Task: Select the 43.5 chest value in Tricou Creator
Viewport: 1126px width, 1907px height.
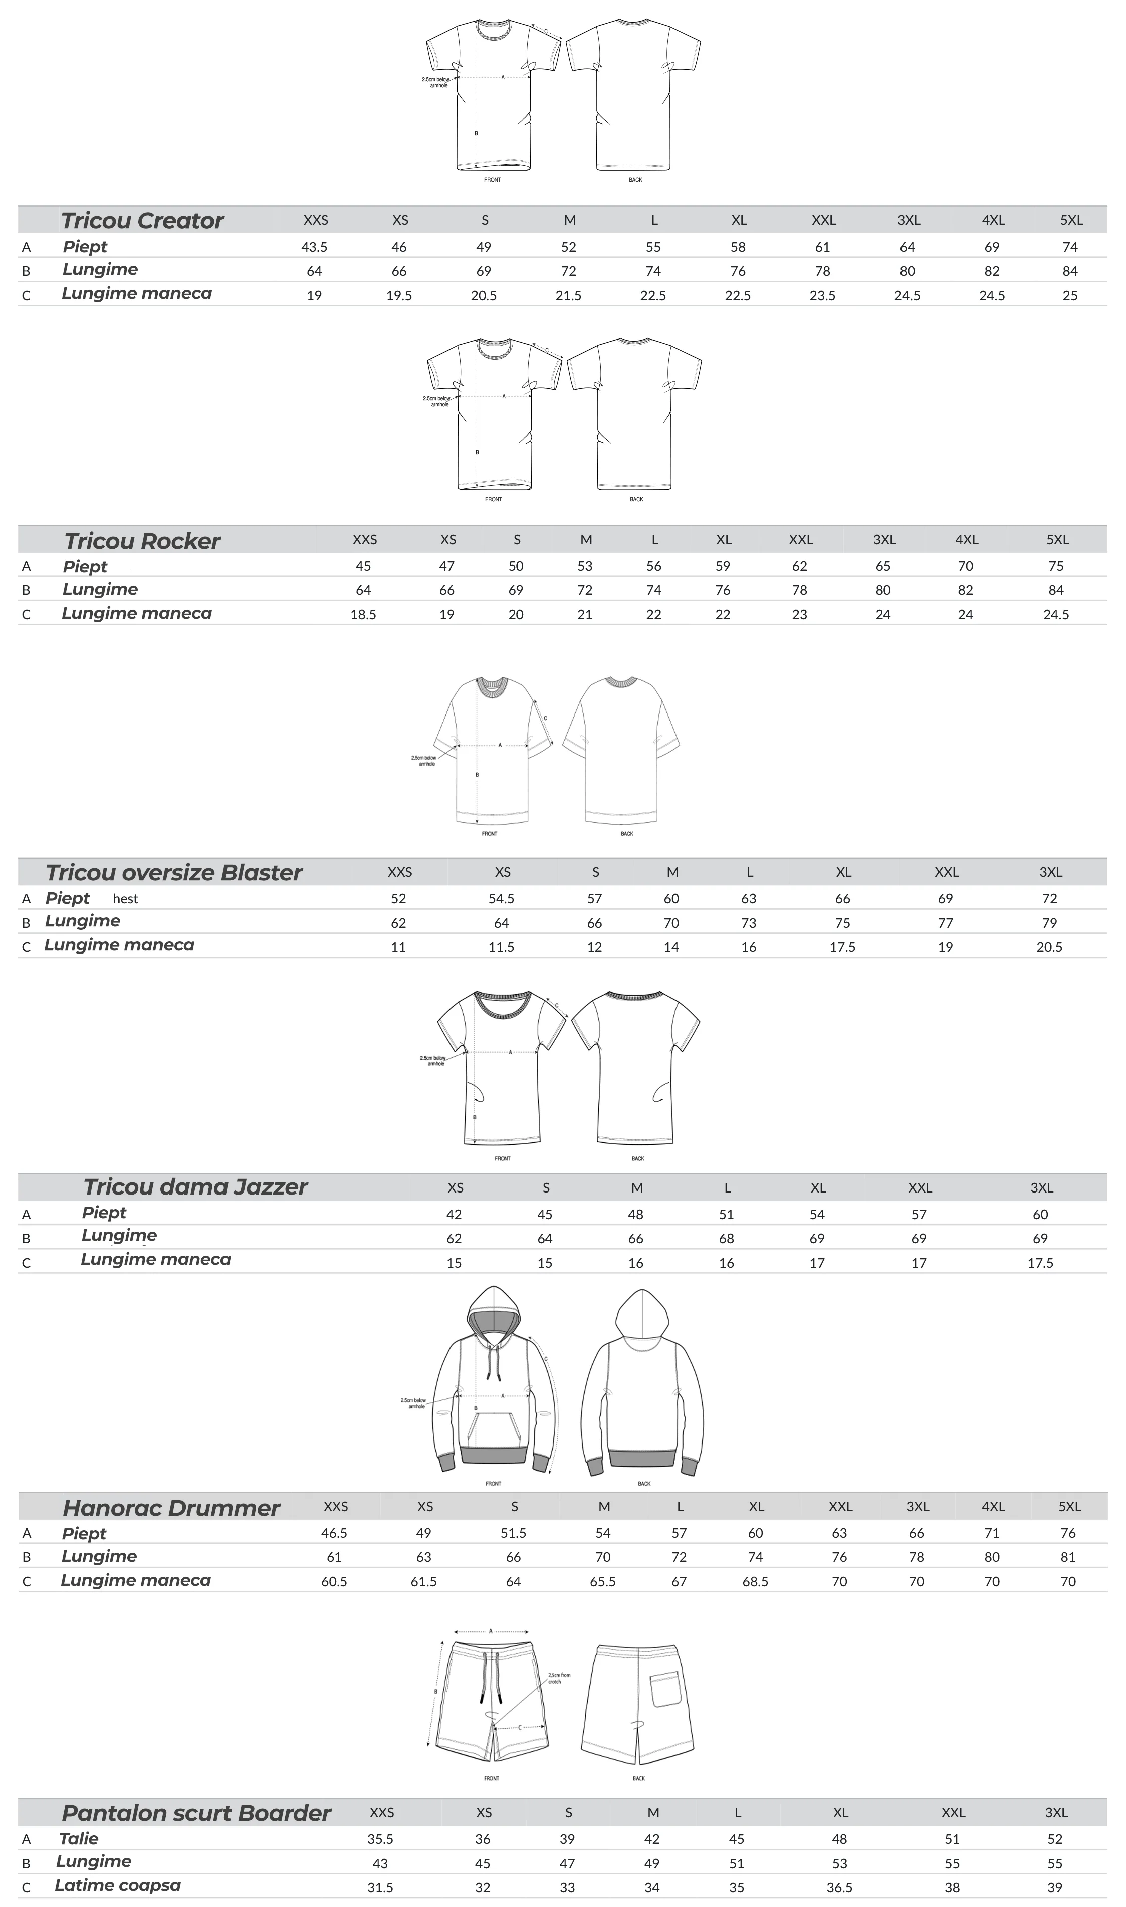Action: [314, 247]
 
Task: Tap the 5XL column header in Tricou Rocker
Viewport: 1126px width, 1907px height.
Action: [1057, 539]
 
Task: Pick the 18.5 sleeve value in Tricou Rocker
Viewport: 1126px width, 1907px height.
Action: [363, 614]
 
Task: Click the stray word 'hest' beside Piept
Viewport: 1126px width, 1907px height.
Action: [126, 899]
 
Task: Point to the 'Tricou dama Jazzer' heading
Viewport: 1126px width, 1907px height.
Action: [195, 1186]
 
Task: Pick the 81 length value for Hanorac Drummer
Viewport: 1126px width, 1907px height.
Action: [1067, 1557]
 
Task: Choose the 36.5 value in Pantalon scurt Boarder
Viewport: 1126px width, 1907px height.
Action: [839, 1887]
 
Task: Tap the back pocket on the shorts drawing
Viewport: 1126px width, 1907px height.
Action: [665, 1689]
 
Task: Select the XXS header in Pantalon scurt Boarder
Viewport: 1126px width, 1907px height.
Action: [382, 1812]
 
